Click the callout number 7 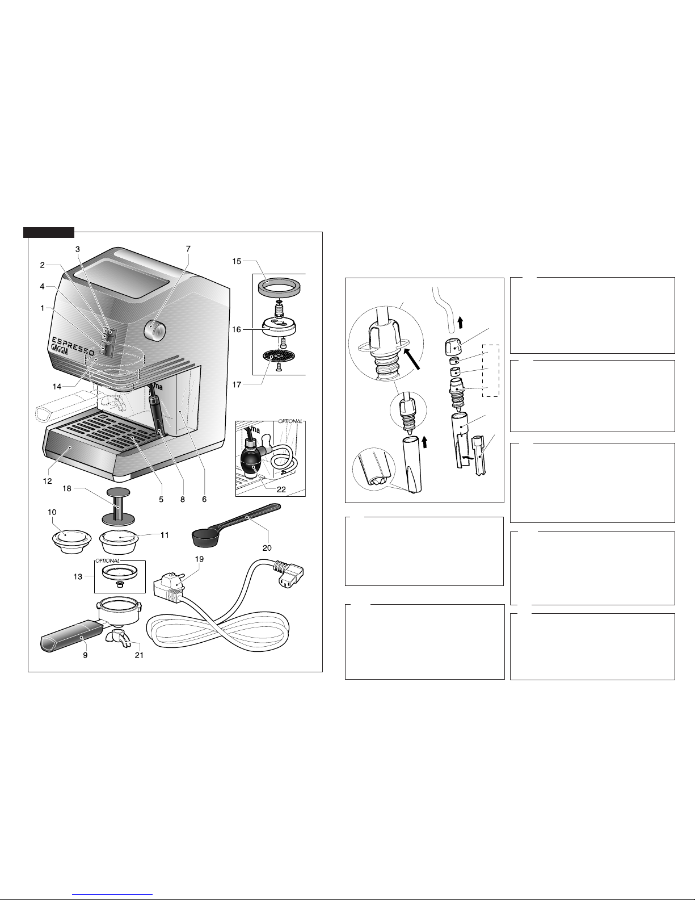click(x=188, y=249)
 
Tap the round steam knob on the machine click(x=155, y=330)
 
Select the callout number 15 click(x=237, y=261)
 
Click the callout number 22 click(x=281, y=489)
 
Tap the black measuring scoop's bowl click(x=205, y=538)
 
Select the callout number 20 click(x=267, y=548)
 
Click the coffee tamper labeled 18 click(x=119, y=505)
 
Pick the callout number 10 click(x=52, y=512)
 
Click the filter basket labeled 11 click(x=119, y=541)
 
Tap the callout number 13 click(x=78, y=576)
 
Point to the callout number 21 click(x=139, y=655)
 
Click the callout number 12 click(x=48, y=481)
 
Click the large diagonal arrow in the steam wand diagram click(x=412, y=359)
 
